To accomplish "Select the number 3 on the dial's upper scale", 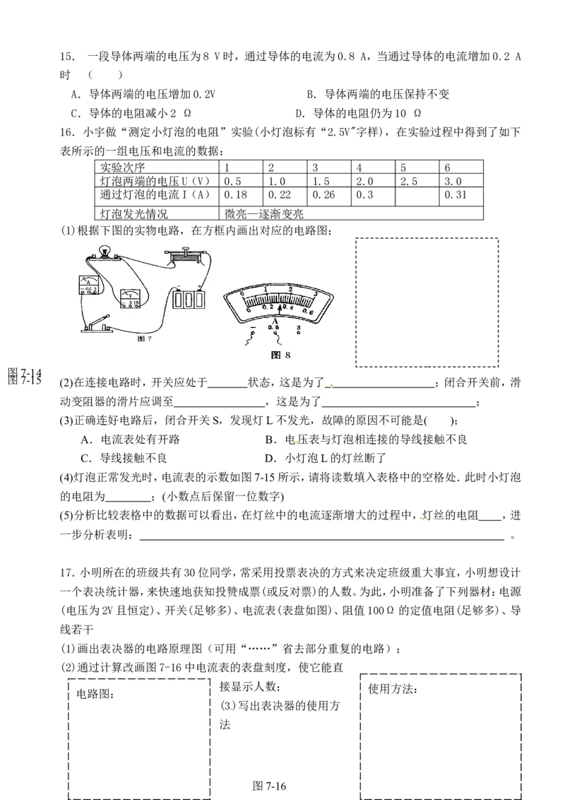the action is coord(316,294).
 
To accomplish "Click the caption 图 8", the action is coord(280,355).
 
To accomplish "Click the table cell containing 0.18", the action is coord(241,194).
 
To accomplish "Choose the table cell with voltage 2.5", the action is coord(417,181).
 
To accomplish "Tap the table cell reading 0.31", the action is coord(461,194).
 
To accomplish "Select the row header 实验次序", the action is coord(122,167).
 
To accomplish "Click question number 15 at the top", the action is coord(67,57).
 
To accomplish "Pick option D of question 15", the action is coord(359,113).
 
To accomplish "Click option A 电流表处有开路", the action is coord(131,440).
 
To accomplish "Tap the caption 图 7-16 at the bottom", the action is coord(269,787).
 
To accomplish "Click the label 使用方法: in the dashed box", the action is coord(393,689).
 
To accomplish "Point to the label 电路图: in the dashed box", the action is coord(95,694).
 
